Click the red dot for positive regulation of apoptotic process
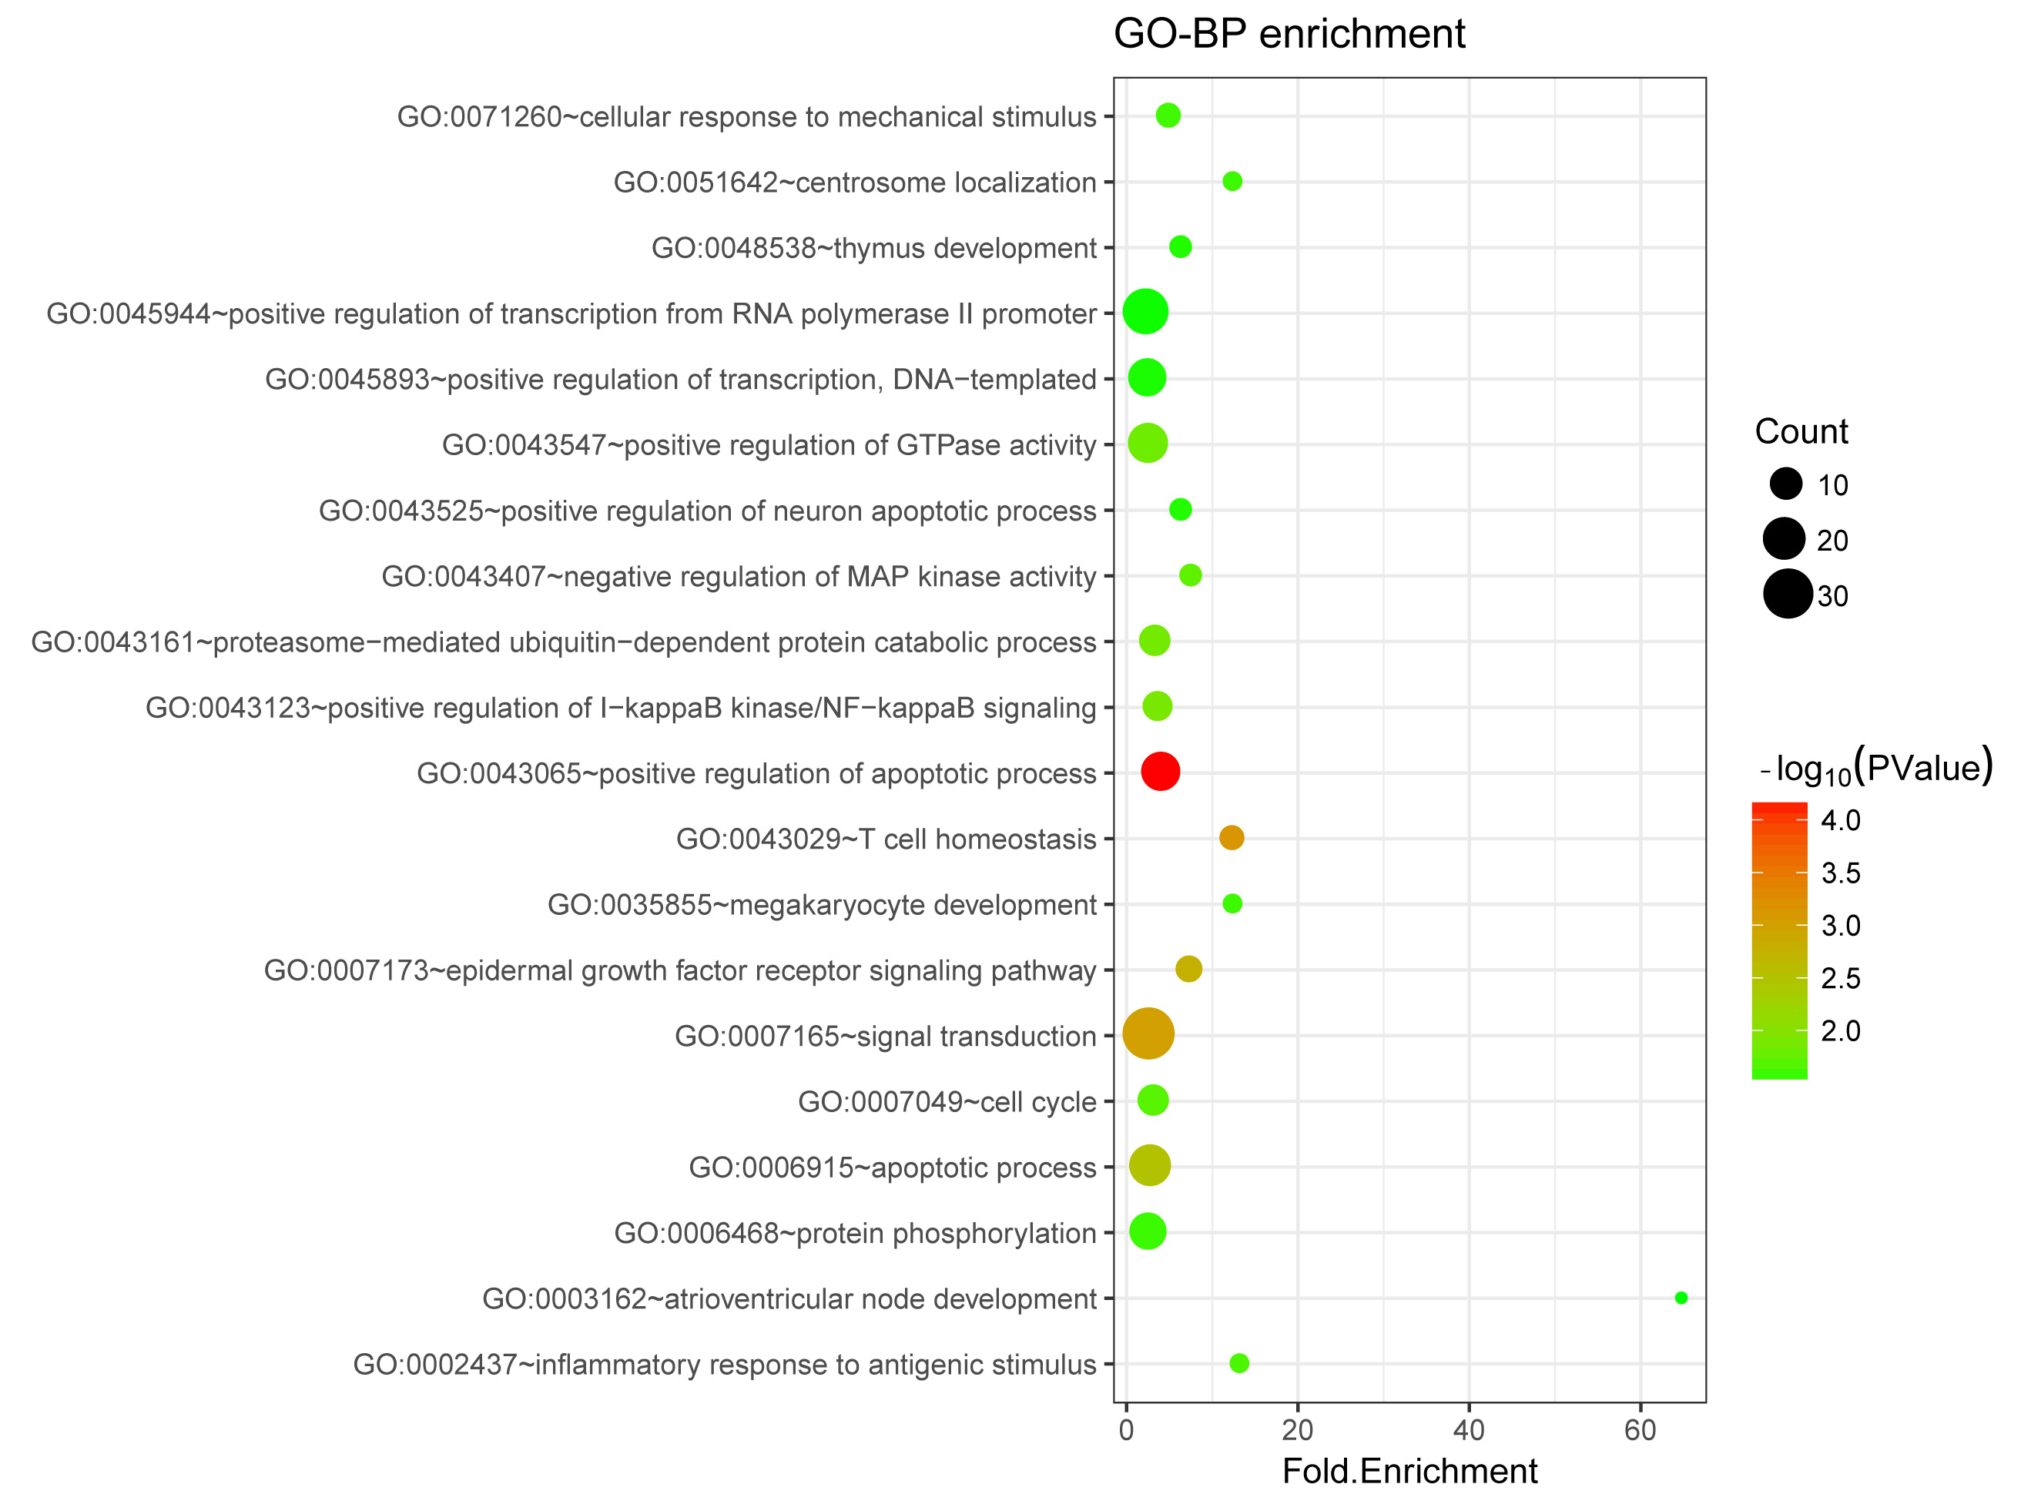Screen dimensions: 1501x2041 1161,772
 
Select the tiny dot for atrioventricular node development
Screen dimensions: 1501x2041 1681,1298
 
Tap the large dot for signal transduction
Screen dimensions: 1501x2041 1148,1034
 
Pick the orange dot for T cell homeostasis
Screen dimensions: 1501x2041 1232,837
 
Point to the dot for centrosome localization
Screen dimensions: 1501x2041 1232,181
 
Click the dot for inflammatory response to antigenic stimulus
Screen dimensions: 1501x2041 1238,1363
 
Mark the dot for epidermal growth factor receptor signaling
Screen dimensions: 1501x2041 1188,969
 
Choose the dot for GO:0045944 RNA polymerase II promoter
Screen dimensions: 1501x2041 1145,312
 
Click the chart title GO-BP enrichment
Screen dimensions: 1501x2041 1289,35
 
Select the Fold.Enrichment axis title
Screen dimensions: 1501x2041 1409,1471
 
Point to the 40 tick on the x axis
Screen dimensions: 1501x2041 1469,1430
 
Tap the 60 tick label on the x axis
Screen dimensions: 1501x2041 1641,1430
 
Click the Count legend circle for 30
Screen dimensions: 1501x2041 1788,595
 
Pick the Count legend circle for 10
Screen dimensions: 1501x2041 1785,484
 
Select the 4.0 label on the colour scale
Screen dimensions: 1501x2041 1840,820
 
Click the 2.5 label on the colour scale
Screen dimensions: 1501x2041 1840,979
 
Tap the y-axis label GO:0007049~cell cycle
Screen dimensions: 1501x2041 947,1102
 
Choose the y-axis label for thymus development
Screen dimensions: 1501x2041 873,248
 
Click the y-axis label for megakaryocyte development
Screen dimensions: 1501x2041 822,905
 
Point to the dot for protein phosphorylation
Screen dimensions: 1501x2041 1148,1231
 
